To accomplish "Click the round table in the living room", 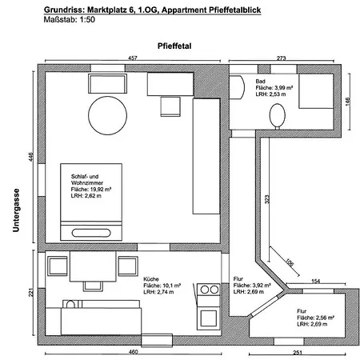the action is pyautogui.click(x=107, y=115).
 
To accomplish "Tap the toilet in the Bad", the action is pyautogui.click(x=278, y=116).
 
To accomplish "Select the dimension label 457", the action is pyautogui.click(x=133, y=58).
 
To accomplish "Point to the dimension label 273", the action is pyautogui.click(x=281, y=58).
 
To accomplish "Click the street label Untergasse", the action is pyautogui.click(x=16, y=210).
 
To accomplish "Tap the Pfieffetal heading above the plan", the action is pyautogui.click(x=174, y=46).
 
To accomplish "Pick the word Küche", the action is pyautogui.click(x=151, y=279).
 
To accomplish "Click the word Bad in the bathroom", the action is pyautogui.click(x=260, y=81).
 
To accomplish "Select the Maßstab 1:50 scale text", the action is pyautogui.click(x=70, y=19).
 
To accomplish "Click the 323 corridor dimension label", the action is pyautogui.click(x=267, y=199).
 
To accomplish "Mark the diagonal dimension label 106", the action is pyautogui.click(x=290, y=262).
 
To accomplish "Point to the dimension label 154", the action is pyautogui.click(x=315, y=281).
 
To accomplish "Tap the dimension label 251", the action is pyautogui.click(x=298, y=353).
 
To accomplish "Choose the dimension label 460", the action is pyautogui.click(x=133, y=352).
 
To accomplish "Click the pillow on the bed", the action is pyautogui.click(x=91, y=233).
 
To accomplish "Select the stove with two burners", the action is pyautogui.click(x=209, y=290).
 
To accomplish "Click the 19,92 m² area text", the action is pyautogui.click(x=91, y=190).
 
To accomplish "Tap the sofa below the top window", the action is pyautogui.click(x=107, y=83).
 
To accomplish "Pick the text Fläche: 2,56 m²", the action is pyautogui.click(x=316, y=318).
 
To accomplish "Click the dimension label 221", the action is pyautogui.click(x=31, y=293).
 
